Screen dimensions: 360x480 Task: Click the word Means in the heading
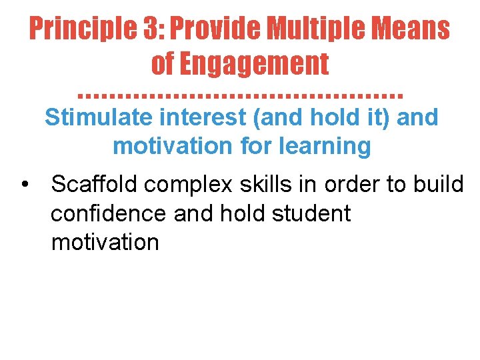(412, 29)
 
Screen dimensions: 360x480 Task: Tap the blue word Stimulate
(99, 117)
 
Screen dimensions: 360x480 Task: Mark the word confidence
(109, 213)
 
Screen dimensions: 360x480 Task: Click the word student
(312, 213)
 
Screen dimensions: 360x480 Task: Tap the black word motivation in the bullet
(105, 242)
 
